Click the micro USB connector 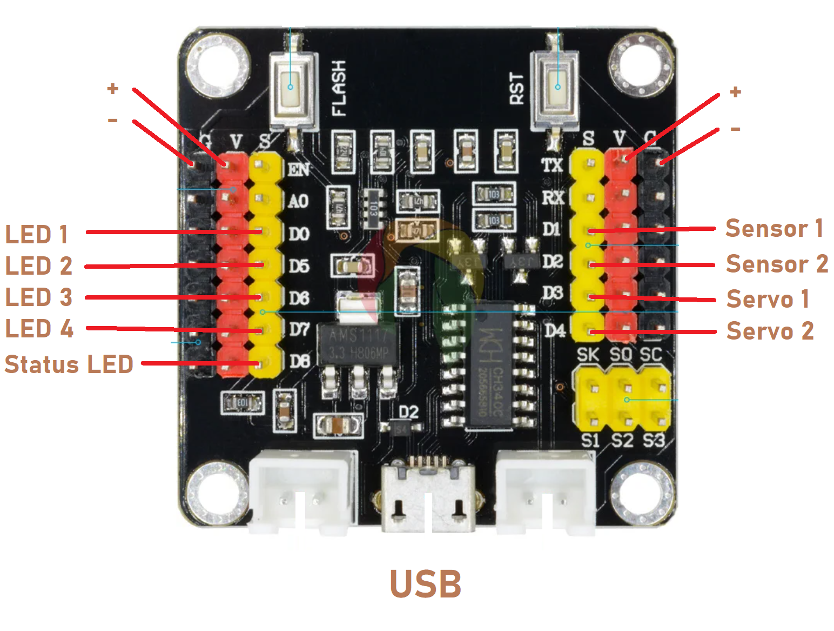(427, 495)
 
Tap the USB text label (426, 584)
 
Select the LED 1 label (37, 235)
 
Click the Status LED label (69, 364)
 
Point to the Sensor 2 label (776, 264)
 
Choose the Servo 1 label (768, 299)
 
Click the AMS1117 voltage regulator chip (358, 344)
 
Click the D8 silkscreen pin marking (299, 361)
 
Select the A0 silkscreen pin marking (298, 202)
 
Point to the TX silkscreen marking (552, 165)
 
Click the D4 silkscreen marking (554, 330)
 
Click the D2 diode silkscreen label (408, 412)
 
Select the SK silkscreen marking (588, 355)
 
